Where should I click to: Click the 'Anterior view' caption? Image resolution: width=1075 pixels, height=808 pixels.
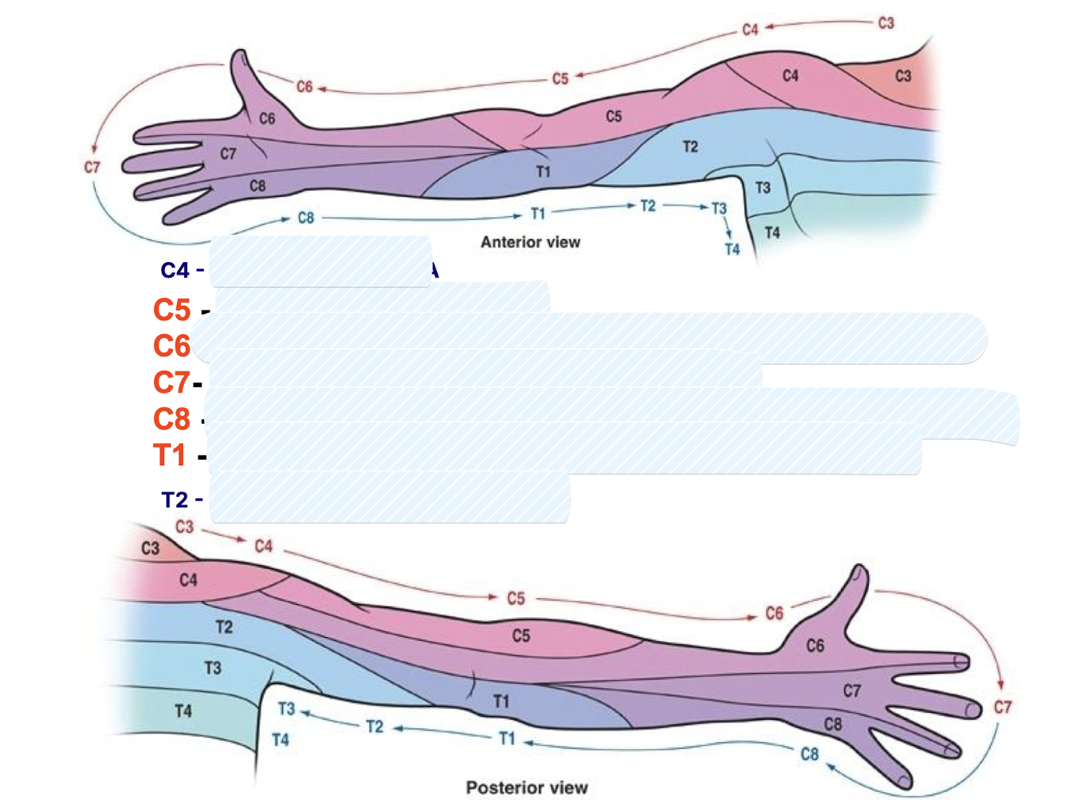coord(530,242)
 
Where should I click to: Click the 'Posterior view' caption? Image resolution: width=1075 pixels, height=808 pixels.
coord(527,787)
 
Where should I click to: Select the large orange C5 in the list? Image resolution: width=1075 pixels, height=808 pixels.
coord(172,310)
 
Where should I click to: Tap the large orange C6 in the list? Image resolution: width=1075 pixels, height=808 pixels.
coord(172,347)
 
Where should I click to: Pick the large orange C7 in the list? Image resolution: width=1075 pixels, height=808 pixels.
coord(172,382)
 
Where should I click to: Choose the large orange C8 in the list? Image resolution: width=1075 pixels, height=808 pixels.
coord(172,419)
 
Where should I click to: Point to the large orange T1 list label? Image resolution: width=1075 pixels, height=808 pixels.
coord(169,455)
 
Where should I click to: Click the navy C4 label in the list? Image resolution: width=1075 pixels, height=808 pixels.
coord(175,271)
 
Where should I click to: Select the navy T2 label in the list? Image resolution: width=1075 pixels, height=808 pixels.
coord(175,500)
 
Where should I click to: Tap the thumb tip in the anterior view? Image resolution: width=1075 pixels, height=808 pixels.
coord(240,55)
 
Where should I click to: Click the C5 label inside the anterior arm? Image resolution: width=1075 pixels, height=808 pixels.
coord(613,117)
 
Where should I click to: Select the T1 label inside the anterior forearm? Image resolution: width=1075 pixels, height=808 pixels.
coord(543,172)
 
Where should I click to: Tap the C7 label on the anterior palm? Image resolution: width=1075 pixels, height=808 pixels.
coord(228,154)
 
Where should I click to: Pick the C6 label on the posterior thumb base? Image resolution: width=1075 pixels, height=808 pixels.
coord(815,646)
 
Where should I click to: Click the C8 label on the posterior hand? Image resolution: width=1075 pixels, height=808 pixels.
coord(833,724)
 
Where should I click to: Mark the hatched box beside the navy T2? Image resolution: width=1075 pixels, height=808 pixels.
coord(389,498)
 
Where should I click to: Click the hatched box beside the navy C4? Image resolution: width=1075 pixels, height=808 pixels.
coord(320,262)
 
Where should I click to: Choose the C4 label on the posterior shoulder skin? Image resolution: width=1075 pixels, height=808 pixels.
coord(188,580)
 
